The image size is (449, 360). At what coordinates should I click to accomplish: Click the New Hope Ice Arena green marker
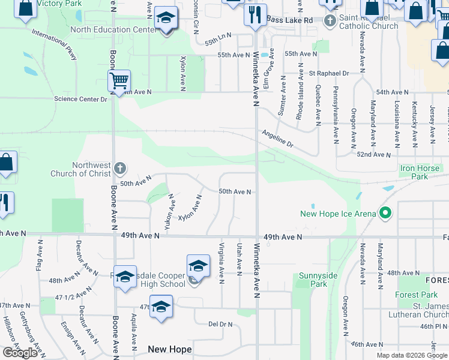386,214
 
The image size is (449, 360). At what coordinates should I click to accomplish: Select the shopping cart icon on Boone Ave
119,80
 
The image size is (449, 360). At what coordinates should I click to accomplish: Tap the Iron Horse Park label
423,173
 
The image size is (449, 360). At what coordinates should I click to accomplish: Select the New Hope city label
170,349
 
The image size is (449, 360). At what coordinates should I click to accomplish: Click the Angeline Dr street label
277,140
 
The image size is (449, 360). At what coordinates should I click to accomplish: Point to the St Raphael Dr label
329,73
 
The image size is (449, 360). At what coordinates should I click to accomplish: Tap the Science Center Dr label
80,99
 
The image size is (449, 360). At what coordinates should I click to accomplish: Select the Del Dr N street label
220,324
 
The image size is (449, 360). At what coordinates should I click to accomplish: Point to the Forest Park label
417,295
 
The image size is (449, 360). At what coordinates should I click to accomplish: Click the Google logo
20,353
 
